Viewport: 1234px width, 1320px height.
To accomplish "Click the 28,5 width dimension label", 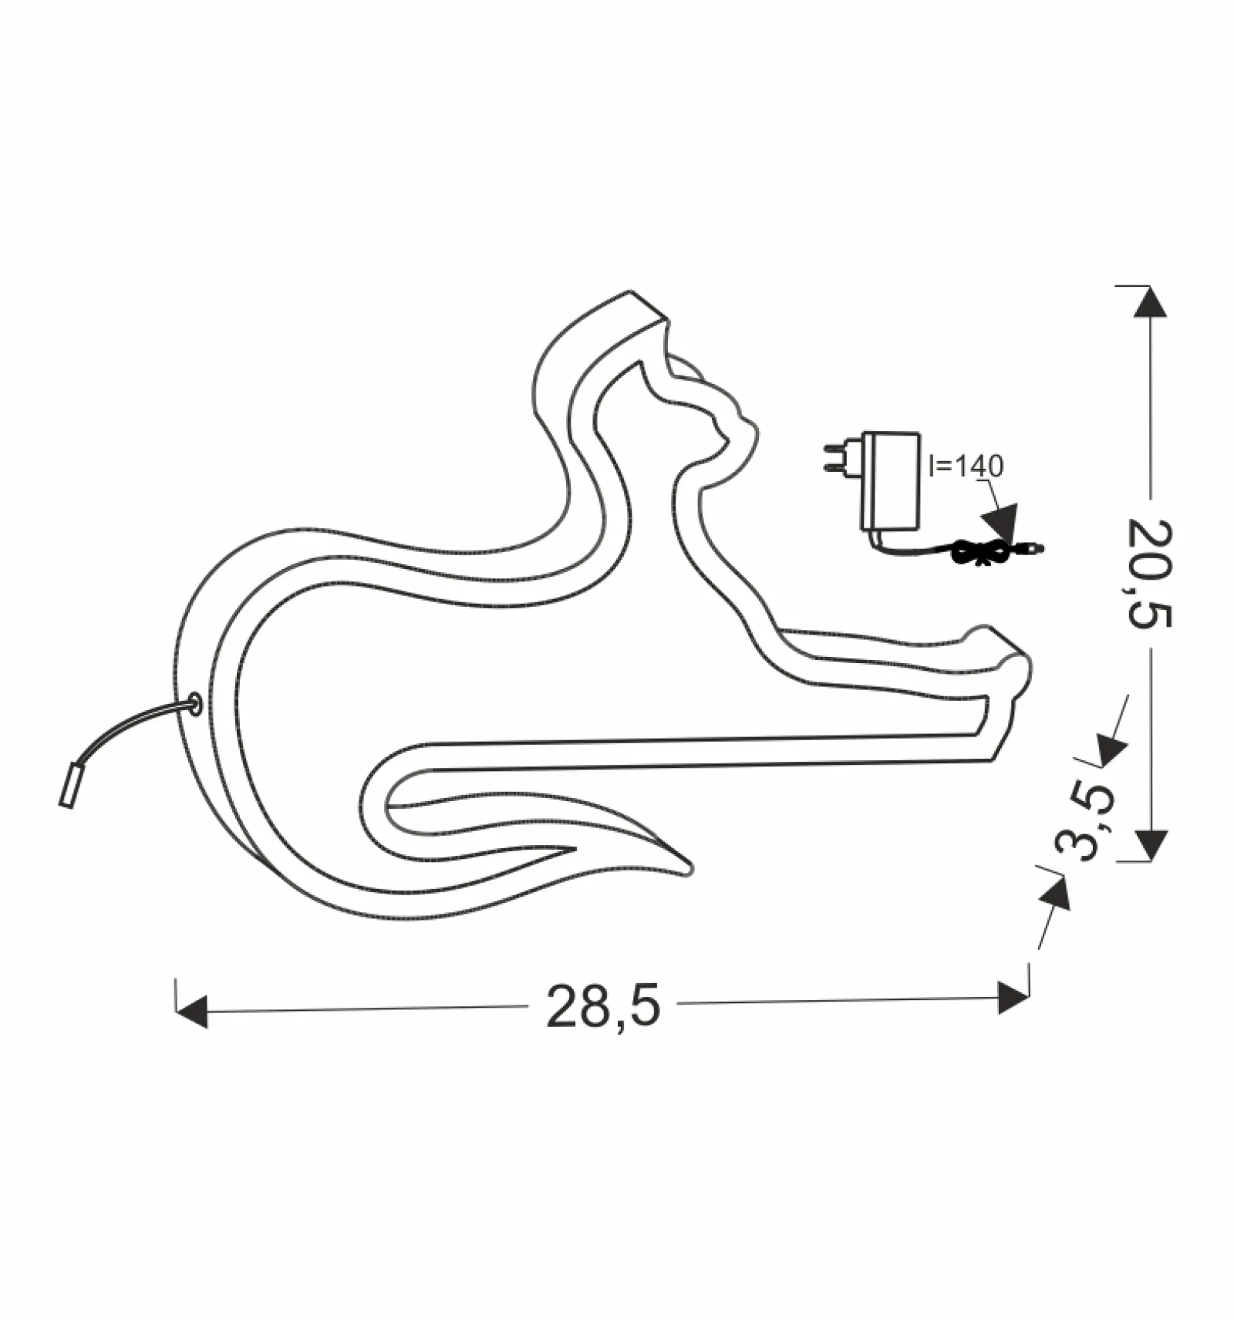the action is pos(603,1006).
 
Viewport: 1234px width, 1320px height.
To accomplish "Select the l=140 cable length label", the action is pos(966,466).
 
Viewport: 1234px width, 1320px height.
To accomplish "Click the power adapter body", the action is pos(890,481).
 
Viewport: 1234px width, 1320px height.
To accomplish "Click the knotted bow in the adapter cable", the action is pos(979,551).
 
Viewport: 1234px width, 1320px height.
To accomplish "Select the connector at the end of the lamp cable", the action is pos(69,785).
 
